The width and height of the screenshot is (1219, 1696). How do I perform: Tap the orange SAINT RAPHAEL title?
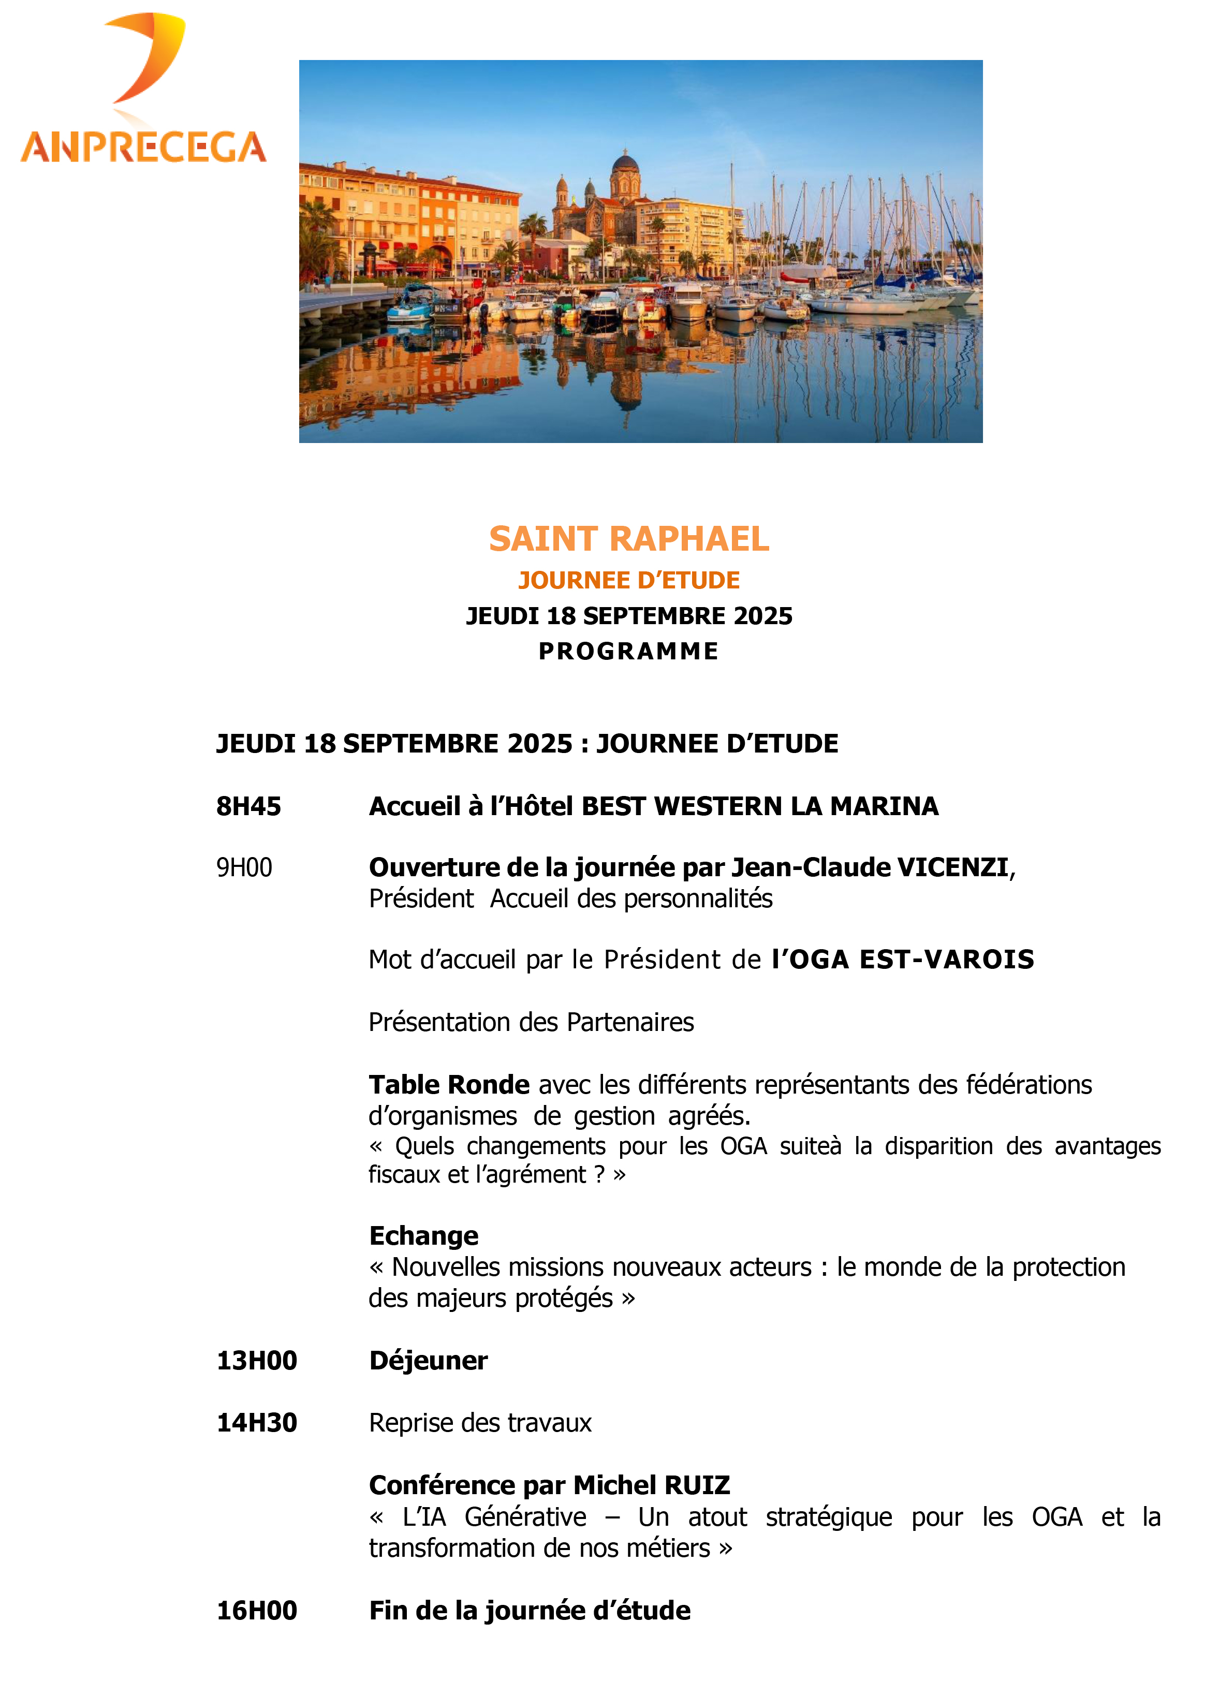click(628, 538)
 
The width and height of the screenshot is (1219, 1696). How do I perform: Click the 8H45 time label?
click(248, 806)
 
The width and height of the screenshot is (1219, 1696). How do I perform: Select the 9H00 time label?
click(244, 867)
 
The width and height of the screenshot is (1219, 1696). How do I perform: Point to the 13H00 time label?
click(257, 1360)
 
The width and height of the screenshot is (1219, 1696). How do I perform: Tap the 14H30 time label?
click(257, 1422)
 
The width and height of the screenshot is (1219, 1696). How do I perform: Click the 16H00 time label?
click(257, 1610)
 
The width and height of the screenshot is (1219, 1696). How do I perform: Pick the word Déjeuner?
click(428, 1360)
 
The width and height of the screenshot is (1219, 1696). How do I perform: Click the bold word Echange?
click(423, 1236)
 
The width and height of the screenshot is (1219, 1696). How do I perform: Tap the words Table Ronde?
click(449, 1084)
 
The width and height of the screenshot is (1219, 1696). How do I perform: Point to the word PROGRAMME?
click(628, 651)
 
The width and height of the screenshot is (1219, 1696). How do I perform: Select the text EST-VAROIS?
click(946, 960)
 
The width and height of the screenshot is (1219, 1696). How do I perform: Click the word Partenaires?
click(630, 1022)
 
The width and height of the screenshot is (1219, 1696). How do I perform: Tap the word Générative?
click(525, 1516)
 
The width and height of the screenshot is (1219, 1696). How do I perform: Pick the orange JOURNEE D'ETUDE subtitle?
click(628, 580)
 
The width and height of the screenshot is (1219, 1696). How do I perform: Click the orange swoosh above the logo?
click(150, 56)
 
